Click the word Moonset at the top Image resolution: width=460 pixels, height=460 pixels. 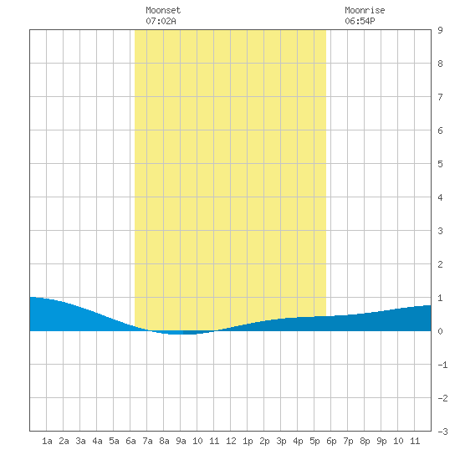163,10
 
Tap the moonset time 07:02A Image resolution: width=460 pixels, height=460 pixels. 161,21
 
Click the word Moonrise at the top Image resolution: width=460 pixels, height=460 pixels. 365,10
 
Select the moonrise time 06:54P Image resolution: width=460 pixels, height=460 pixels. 360,21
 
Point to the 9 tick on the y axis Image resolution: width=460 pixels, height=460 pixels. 440,30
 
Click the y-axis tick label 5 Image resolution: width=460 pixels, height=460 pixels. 440,164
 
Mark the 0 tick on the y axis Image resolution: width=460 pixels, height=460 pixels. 440,331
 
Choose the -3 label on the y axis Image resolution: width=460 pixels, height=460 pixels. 442,432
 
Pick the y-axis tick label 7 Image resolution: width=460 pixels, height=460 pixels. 440,97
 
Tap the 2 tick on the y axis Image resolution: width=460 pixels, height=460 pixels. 440,264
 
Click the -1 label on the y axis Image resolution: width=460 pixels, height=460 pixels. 442,365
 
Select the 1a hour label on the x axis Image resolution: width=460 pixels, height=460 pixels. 47,441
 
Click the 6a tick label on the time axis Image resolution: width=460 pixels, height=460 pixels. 130,441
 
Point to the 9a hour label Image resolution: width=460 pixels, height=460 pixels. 181,441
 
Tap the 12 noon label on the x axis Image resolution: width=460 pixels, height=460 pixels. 231,441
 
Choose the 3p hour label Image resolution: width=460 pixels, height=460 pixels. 281,441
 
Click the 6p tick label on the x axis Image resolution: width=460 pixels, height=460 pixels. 331,441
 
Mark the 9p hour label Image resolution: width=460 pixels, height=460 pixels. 381,441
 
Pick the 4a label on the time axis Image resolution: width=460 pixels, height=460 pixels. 97,441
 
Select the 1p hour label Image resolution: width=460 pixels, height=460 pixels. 248,441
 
